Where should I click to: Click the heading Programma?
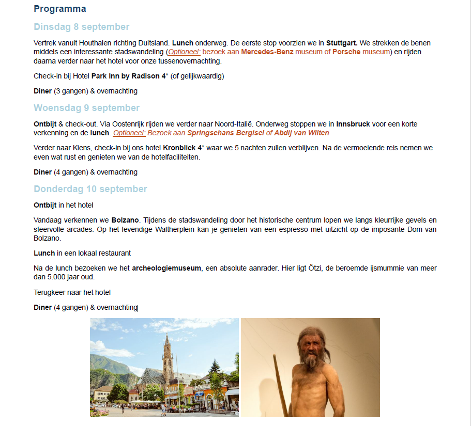[60, 9]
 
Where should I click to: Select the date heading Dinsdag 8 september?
[82, 27]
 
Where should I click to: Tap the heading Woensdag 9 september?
[87, 108]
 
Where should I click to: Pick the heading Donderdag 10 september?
[90, 189]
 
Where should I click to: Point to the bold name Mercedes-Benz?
[268, 52]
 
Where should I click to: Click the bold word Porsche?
[346, 52]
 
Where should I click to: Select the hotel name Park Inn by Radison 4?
[129, 76]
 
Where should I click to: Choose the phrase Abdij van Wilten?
[301, 133]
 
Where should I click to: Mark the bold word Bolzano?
[125, 220]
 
